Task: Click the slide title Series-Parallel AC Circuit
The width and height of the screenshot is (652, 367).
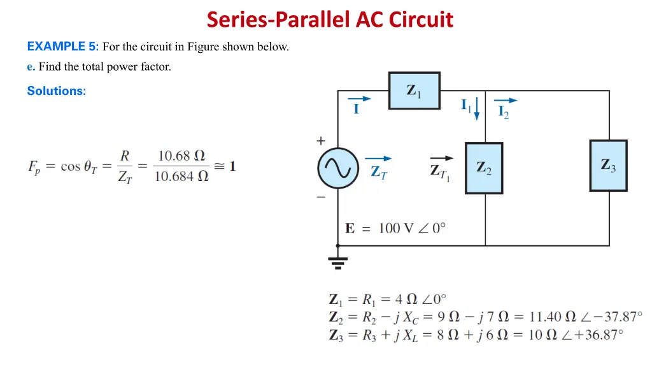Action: [x=330, y=20]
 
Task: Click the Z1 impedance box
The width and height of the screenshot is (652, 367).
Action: [x=414, y=90]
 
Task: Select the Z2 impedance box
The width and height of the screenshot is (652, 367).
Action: [x=484, y=168]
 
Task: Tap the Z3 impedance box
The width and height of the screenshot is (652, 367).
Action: [x=608, y=165]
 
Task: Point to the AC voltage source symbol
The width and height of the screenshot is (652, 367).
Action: [x=337, y=169]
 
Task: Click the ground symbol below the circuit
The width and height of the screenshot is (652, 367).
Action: [x=337, y=261]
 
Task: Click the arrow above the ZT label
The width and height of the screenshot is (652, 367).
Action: [x=378, y=159]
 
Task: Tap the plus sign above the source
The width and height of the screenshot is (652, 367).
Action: [x=320, y=141]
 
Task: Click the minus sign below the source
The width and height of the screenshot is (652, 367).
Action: [x=320, y=198]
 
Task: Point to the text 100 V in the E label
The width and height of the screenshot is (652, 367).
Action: [x=396, y=228]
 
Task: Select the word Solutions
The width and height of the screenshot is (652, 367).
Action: [x=56, y=90]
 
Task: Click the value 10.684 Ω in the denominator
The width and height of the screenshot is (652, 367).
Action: [x=181, y=176]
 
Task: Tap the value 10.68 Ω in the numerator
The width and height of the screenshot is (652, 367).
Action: [x=181, y=155]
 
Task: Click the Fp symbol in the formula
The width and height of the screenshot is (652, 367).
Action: [x=34, y=167]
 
